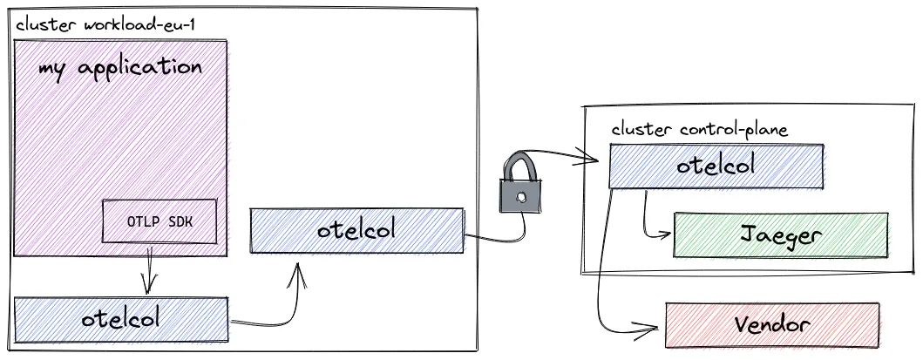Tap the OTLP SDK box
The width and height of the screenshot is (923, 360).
[x=159, y=221]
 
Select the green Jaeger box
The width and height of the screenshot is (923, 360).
[x=781, y=234]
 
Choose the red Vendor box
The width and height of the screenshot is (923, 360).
[x=771, y=325]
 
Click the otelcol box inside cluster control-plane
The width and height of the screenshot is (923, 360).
[x=716, y=166]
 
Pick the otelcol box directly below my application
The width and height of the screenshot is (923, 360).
[x=121, y=318]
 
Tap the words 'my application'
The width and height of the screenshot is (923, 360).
[x=120, y=68]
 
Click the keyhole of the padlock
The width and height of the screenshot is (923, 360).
[x=522, y=196]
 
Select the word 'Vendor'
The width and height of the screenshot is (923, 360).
[x=771, y=325]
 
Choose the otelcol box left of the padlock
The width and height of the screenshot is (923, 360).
[x=356, y=230]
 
